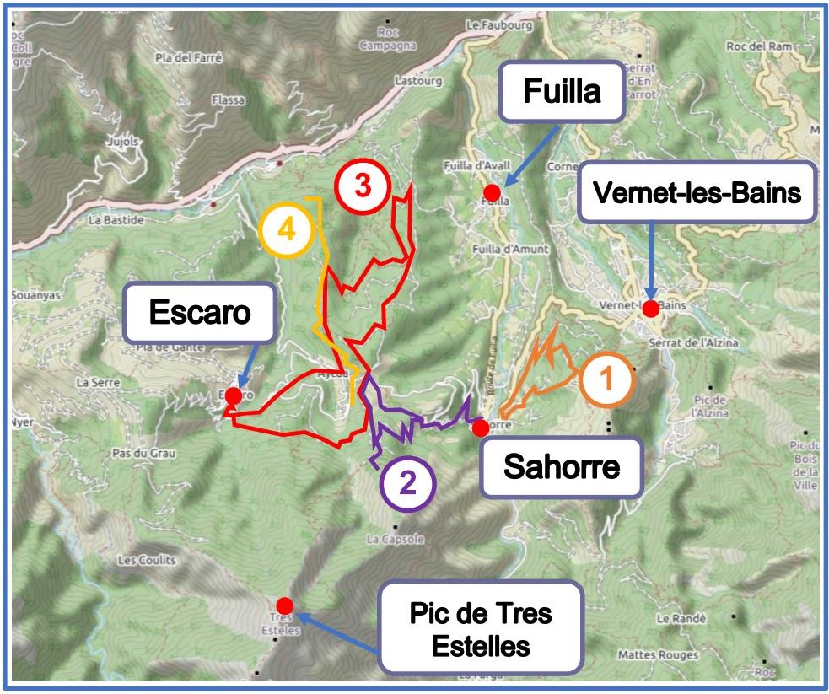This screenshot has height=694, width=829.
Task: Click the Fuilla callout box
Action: (562, 90)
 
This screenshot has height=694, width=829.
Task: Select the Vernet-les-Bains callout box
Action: (697, 193)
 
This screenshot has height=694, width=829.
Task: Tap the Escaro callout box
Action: (200, 313)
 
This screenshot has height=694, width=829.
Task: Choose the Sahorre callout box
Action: (561, 466)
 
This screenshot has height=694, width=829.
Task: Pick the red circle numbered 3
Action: (362, 186)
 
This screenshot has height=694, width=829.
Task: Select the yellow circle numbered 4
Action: (287, 229)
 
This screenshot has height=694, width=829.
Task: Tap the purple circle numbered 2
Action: (407, 483)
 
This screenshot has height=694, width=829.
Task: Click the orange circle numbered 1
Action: (606, 380)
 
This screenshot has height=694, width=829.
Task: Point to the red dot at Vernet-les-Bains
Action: (650, 309)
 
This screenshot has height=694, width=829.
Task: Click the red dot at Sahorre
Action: (480, 428)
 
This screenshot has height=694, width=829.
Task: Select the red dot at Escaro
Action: (234, 395)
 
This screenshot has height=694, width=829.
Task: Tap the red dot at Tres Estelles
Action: (284, 605)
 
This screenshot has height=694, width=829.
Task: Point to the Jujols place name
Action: (123, 143)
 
